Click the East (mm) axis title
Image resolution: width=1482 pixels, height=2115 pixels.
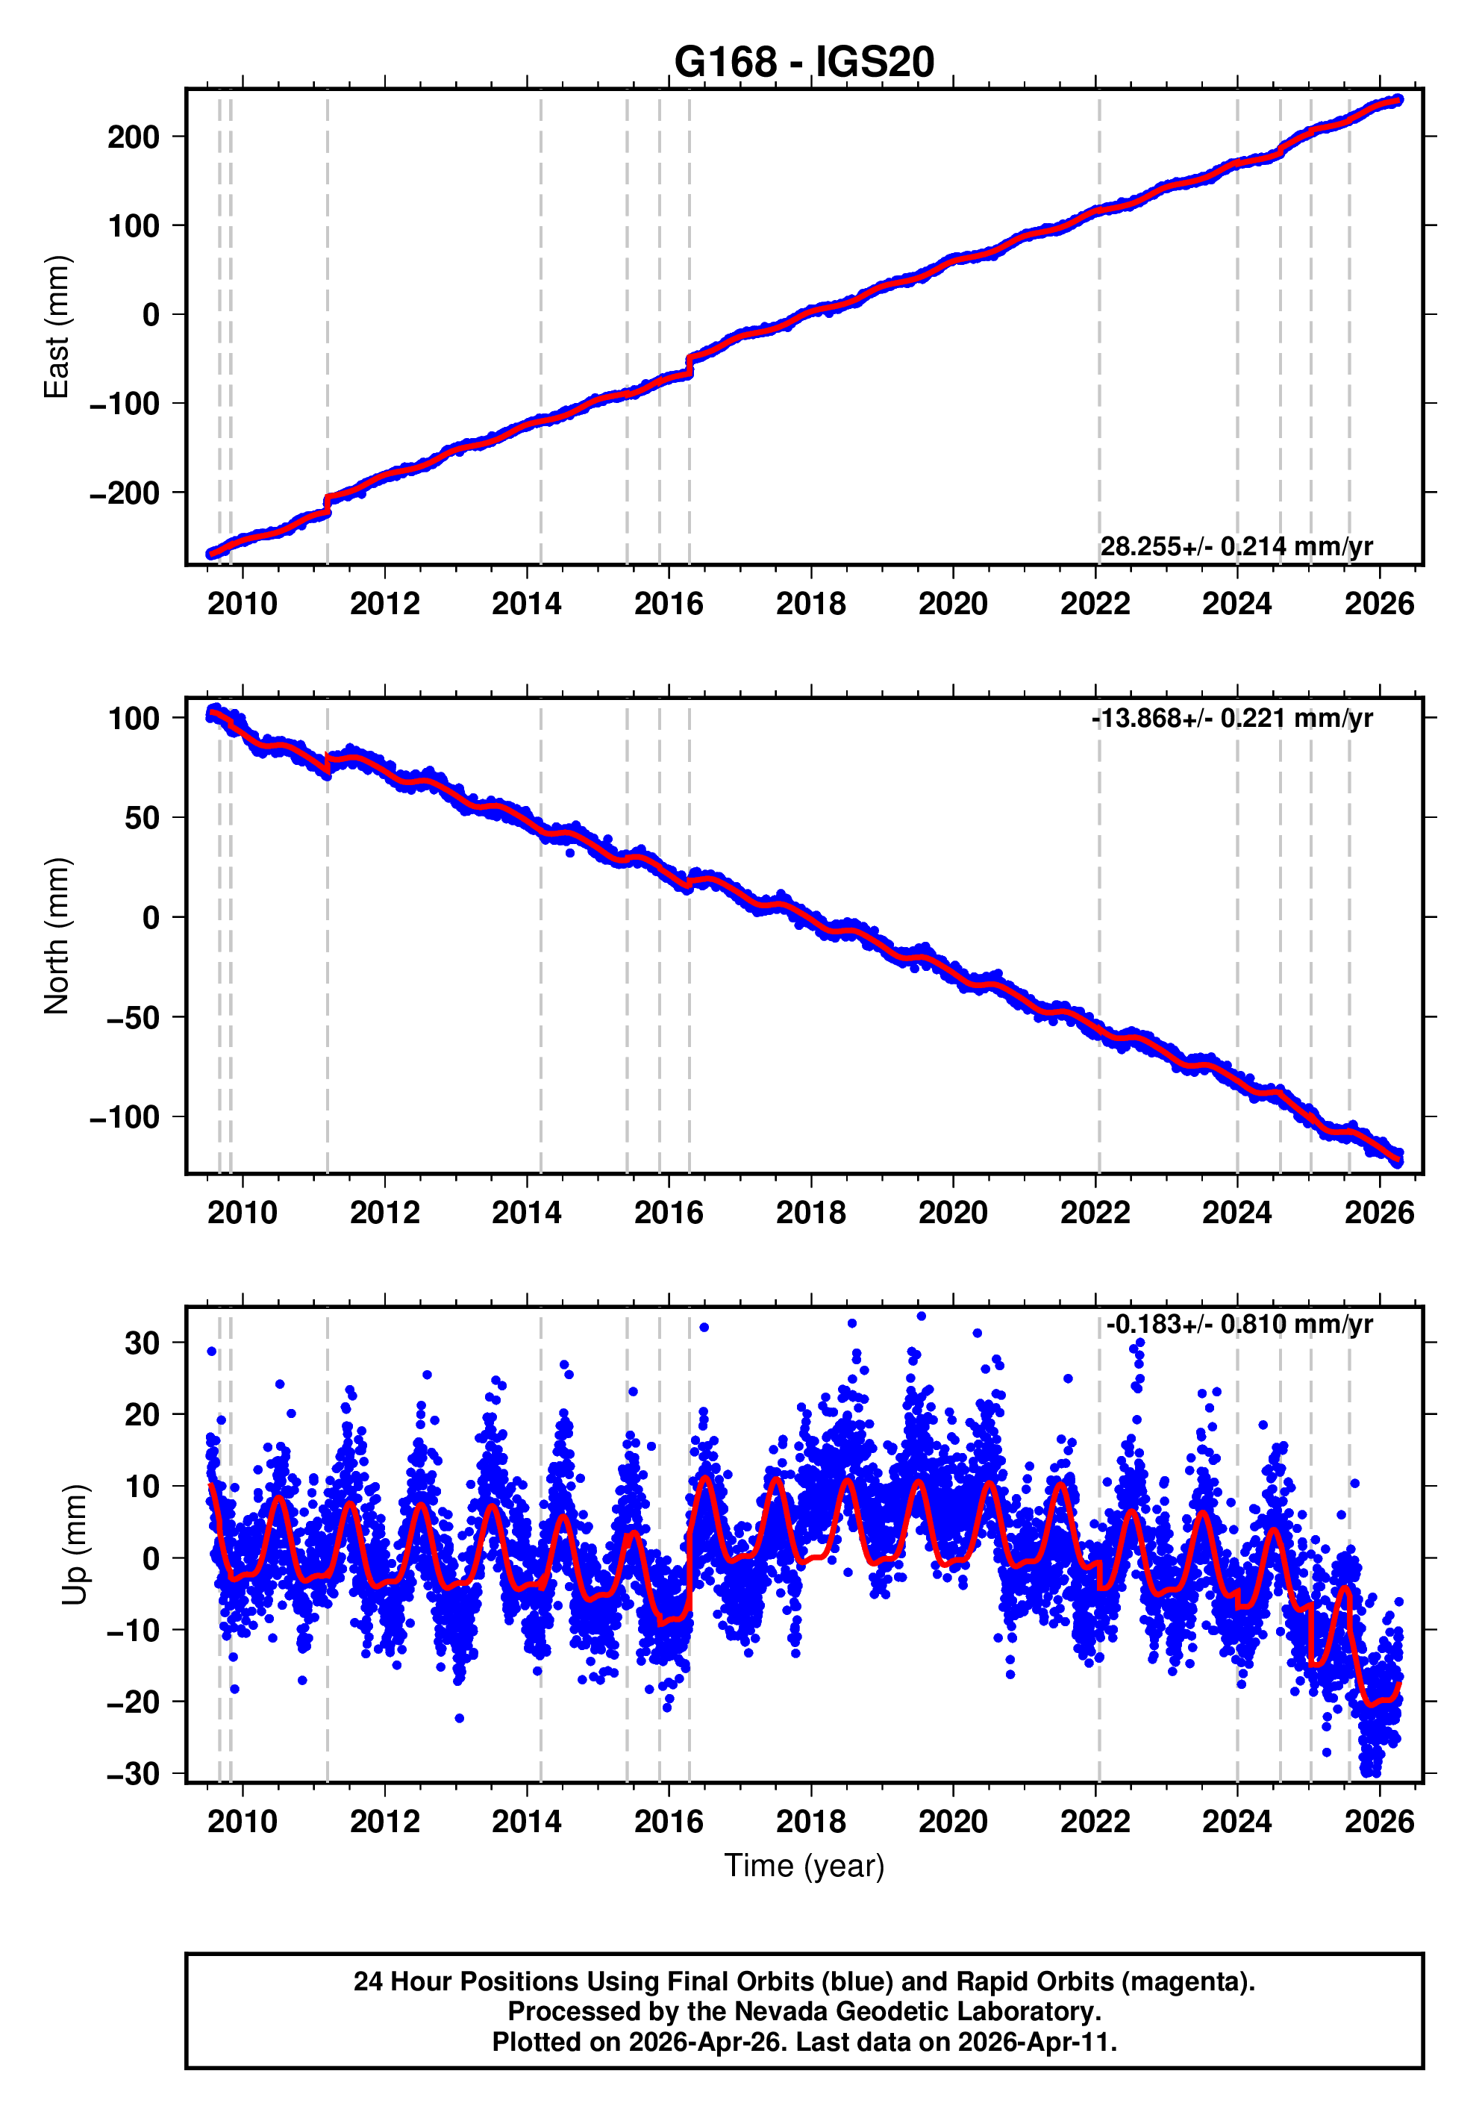pyautogui.click(x=57, y=327)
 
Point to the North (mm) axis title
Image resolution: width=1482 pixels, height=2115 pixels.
pyautogui.click(x=57, y=936)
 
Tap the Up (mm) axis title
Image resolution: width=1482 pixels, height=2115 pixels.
pyautogui.click(x=75, y=1545)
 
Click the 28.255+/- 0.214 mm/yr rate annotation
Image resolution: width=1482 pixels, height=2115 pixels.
pyautogui.click(x=1235, y=546)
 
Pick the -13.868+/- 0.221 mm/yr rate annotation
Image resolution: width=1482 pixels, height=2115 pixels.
pyautogui.click(x=1231, y=718)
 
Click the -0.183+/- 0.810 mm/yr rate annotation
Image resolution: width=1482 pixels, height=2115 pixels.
pyautogui.click(x=1239, y=1325)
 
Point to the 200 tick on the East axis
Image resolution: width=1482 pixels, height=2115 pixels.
pyautogui.click(x=134, y=137)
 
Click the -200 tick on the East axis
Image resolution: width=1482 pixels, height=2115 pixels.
pyautogui.click(x=125, y=493)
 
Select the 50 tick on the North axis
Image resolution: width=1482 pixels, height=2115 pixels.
pyautogui.click(x=142, y=818)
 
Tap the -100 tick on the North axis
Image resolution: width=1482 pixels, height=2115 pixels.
pyautogui.click(x=125, y=1117)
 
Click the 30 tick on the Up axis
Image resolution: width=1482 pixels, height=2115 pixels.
pyautogui.click(x=142, y=1344)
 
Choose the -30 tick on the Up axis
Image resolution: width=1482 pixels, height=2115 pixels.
pyautogui.click(x=133, y=1773)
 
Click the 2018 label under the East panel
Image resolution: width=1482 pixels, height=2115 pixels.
pyautogui.click(x=810, y=604)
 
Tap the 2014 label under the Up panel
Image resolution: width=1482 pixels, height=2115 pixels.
pyautogui.click(x=526, y=1822)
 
